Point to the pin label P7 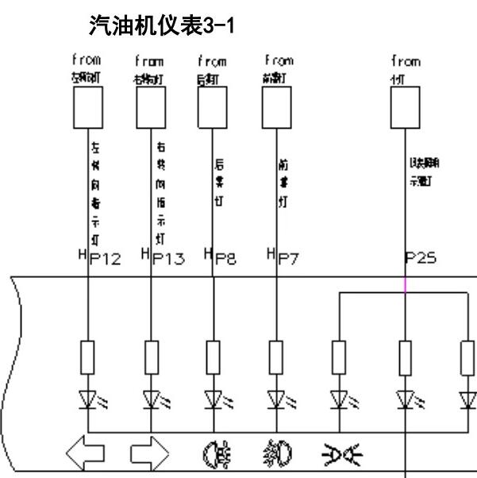(289, 262)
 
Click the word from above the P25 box (405, 60)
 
